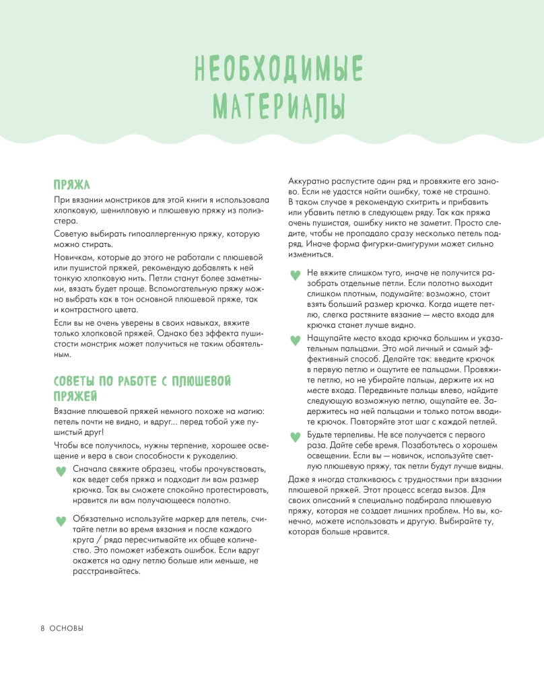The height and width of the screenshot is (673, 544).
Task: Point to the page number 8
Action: point(42,628)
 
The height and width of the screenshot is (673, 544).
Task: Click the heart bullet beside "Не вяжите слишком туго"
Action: point(294,275)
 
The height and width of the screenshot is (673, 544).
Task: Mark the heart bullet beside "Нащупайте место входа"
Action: point(294,340)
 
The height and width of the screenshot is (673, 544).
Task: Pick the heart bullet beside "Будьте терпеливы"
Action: point(294,437)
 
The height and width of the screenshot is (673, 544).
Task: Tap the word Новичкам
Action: point(75,258)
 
